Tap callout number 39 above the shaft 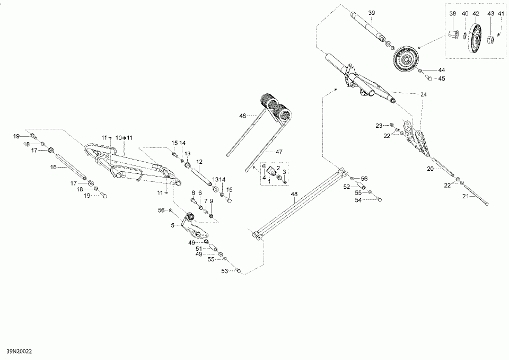[371, 12]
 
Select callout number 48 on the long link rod [294, 195]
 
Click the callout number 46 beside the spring [242, 115]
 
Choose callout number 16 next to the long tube [53, 166]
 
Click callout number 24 [423, 94]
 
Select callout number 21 [466, 197]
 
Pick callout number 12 [199, 161]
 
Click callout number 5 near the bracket [172, 225]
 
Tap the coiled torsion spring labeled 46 [277, 105]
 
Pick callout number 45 [442, 79]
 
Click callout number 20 [431, 168]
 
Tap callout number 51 [199, 249]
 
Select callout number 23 [379, 125]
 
